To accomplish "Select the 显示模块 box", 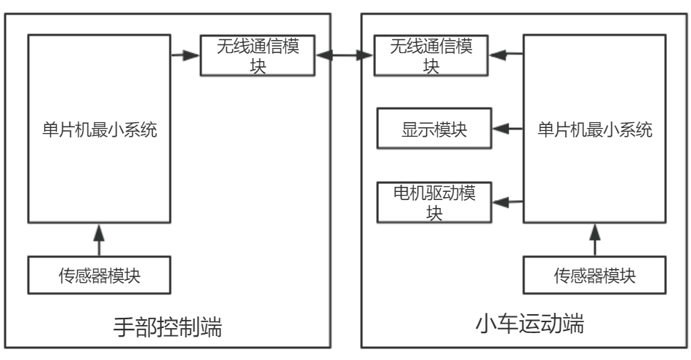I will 434,129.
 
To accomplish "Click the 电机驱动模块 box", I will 434,202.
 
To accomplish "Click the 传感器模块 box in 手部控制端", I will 100,276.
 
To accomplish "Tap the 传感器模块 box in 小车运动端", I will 594,276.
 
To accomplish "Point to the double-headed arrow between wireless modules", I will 345,55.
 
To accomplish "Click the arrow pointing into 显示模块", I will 508,129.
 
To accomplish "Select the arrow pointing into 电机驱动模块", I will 508,202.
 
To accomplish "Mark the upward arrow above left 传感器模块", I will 100,239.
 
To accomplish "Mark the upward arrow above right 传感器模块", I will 595,239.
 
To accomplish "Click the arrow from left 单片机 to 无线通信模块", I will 185,53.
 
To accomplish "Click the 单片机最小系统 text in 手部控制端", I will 100,131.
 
